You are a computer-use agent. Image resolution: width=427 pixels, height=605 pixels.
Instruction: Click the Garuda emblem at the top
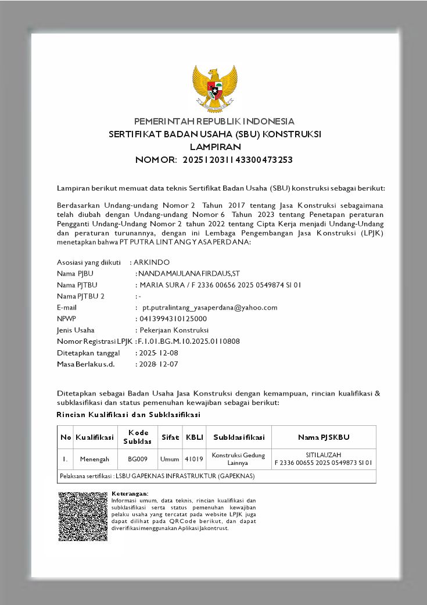pyautogui.click(x=215, y=88)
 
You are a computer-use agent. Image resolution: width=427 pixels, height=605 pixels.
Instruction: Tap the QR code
pyautogui.click(x=83, y=517)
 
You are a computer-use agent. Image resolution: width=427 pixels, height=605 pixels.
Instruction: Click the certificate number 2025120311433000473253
pyautogui.click(x=238, y=159)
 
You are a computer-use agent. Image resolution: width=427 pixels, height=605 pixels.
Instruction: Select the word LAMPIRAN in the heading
pyautogui.click(x=215, y=147)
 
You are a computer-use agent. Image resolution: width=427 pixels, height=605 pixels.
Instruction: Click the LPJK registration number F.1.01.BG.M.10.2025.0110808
pyautogui.click(x=188, y=341)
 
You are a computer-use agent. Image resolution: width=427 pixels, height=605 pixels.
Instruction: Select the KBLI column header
pyautogui.click(x=193, y=437)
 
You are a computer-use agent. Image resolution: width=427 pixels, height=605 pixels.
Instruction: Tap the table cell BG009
pyautogui.click(x=138, y=459)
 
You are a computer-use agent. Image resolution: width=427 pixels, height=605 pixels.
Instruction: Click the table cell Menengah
pyautogui.click(x=95, y=459)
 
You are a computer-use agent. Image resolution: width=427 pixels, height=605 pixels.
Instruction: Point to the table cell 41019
pyautogui.click(x=193, y=459)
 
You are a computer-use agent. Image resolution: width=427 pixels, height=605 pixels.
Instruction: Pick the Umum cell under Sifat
pyautogui.click(x=170, y=459)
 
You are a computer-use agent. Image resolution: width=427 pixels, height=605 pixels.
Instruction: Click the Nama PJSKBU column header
pyautogui.click(x=324, y=437)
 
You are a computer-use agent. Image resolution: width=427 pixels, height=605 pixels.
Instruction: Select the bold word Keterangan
pyautogui.click(x=130, y=493)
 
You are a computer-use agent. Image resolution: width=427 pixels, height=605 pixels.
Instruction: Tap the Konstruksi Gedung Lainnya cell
pyautogui.click(x=238, y=459)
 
